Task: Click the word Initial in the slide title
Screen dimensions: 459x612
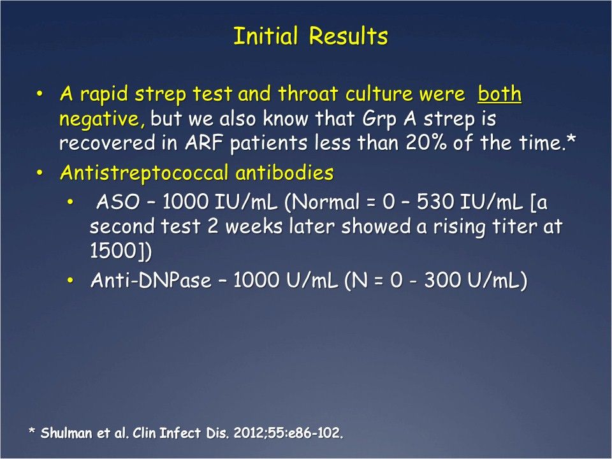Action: [x=268, y=36]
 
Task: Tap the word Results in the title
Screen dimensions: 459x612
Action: [x=349, y=36]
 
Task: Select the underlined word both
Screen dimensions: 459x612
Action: [x=500, y=95]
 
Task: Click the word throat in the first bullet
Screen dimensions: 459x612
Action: [x=307, y=95]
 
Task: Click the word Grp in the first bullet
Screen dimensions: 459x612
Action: [x=391, y=119]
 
